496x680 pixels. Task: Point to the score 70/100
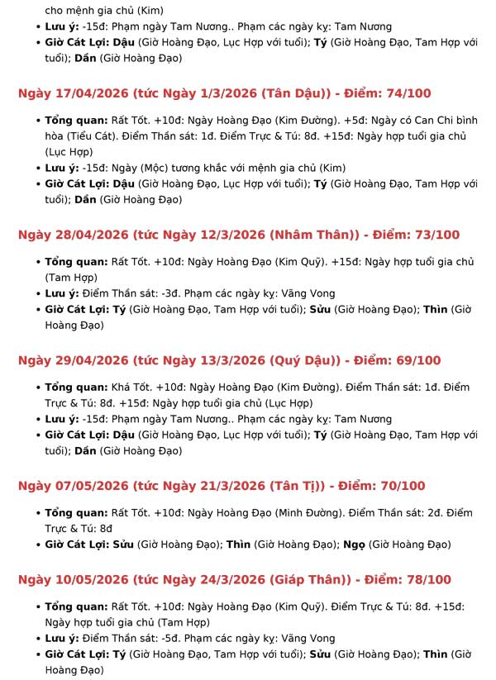[406, 486]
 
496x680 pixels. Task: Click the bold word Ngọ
[353, 544]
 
